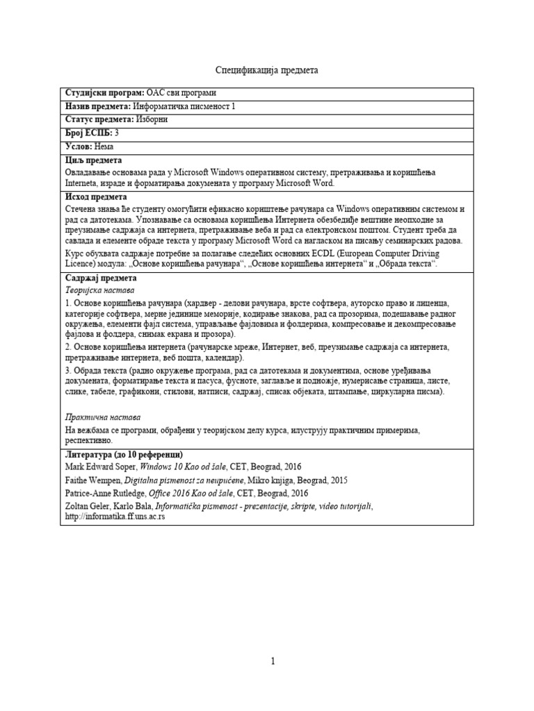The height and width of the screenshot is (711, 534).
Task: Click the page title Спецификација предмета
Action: (x=266, y=71)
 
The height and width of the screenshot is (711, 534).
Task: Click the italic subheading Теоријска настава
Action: (x=100, y=290)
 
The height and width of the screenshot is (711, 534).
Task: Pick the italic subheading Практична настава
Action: (x=102, y=417)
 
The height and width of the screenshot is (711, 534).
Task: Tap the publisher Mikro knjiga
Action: (x=269, y=480)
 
